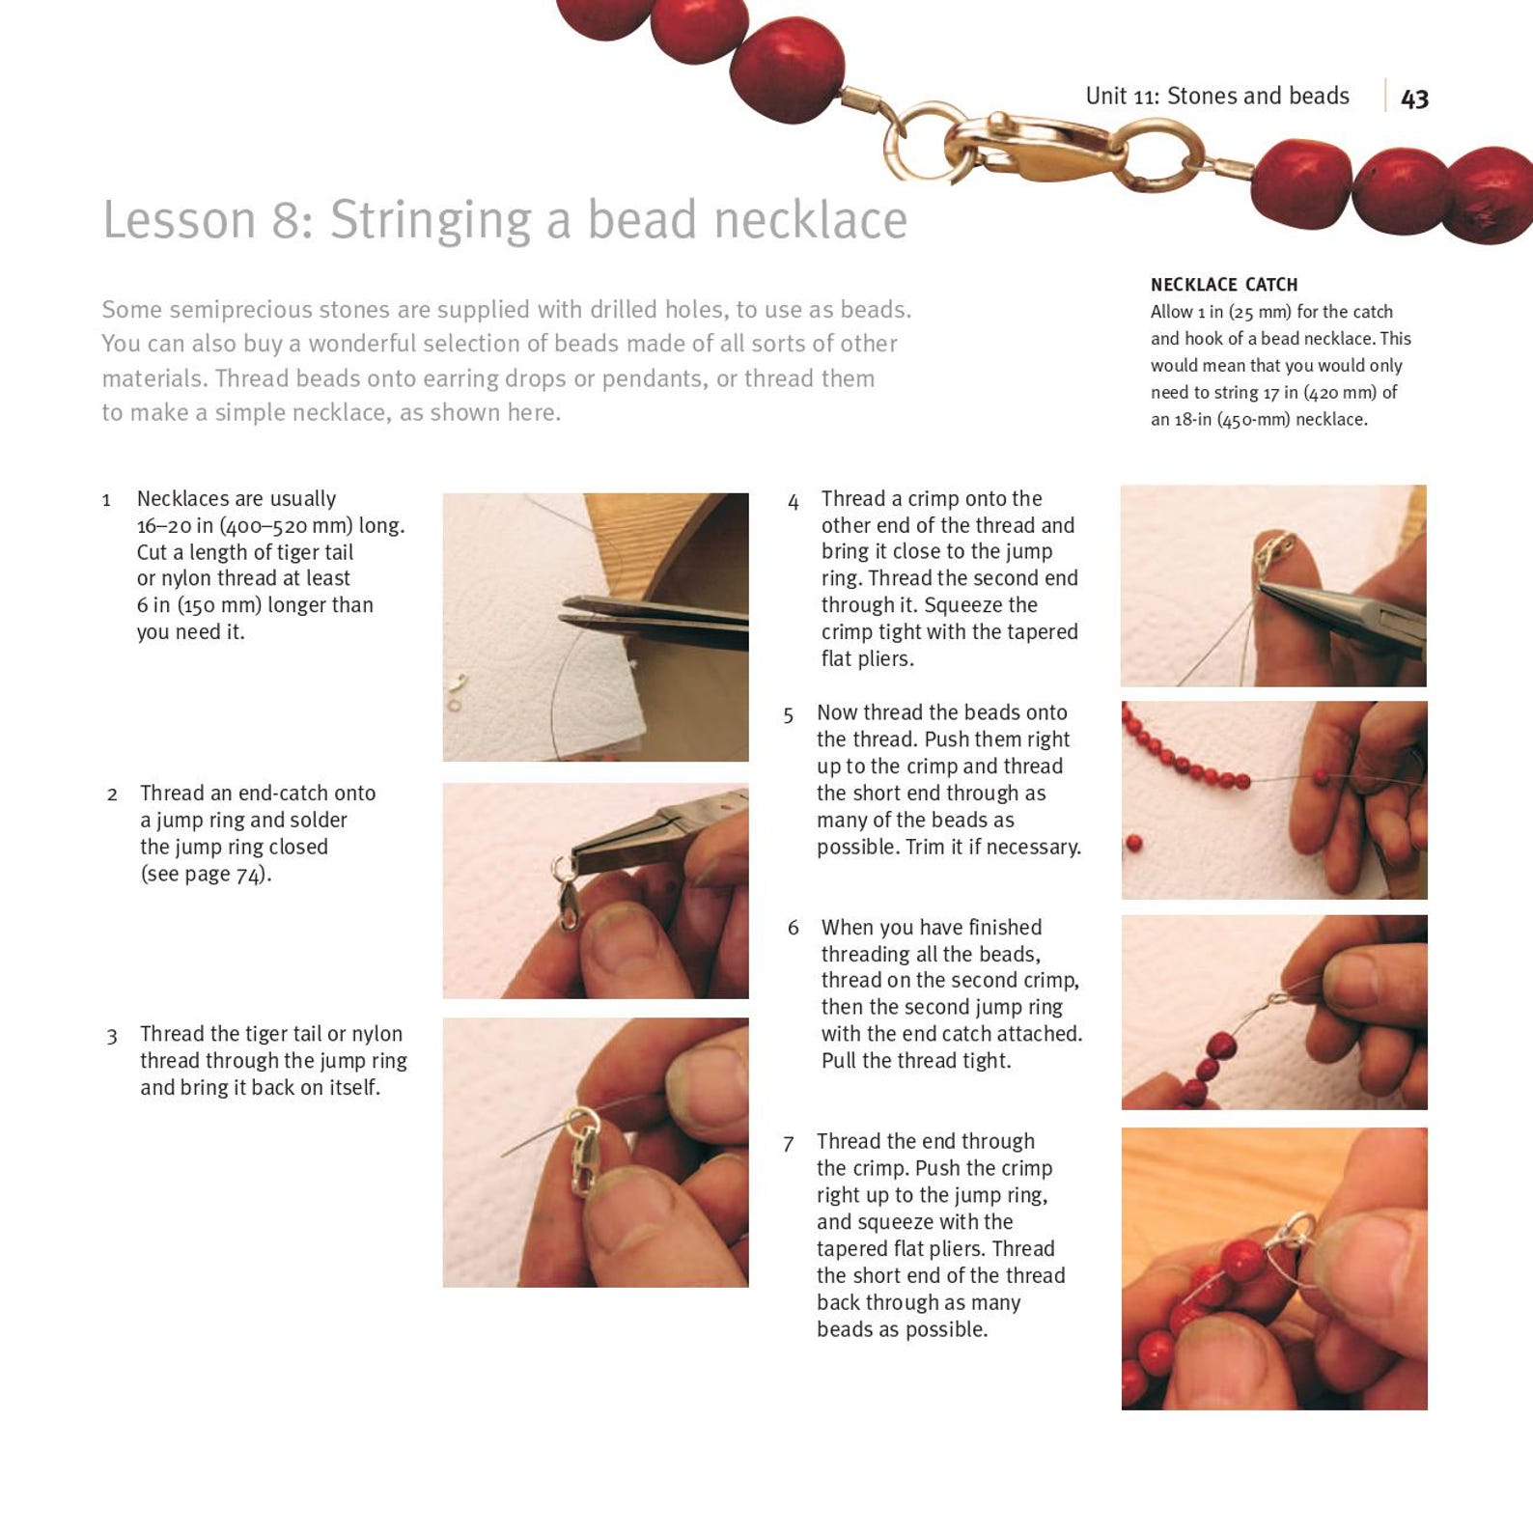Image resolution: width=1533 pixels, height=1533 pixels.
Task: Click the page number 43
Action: [1414, 98]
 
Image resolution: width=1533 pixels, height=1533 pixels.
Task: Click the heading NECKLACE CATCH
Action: [1223, 285]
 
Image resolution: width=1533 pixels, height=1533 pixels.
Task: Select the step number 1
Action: [106, 500]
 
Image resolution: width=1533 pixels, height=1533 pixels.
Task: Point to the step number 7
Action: [789, 1144]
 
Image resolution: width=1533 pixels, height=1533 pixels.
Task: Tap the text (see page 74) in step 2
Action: [206, 875]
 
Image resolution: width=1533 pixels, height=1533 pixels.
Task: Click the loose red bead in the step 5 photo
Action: [1134, 844]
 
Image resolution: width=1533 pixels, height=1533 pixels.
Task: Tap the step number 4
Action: [793, 502]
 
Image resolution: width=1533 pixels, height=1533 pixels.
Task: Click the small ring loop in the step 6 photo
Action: [1277, 998]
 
